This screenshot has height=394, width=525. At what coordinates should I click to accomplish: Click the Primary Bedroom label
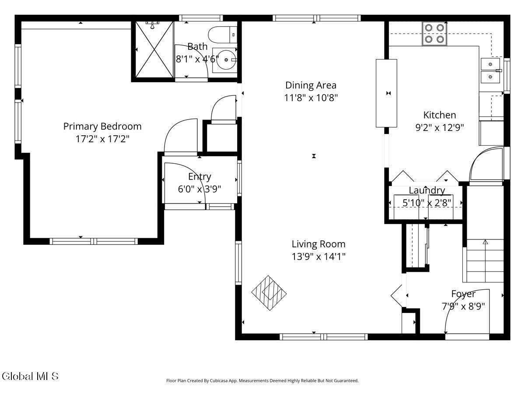(x=102, y=127)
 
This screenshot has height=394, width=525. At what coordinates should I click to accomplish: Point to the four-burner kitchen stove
(x=435, y=33)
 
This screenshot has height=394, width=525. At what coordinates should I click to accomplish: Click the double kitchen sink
(x=491, y=71)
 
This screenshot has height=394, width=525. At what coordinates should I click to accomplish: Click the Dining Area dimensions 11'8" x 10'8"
(x=311, y=98)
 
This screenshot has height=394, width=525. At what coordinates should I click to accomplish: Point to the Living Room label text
(x=318, y=244)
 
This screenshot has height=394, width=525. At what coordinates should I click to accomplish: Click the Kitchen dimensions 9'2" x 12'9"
(x=439, y=127)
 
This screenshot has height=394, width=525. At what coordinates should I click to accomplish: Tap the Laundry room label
(x=427, y=190)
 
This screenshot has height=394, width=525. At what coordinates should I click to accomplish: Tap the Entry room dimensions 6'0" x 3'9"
(x=199, y=189)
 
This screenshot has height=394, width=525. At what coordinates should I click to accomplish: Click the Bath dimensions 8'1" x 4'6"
(x=197, y=59)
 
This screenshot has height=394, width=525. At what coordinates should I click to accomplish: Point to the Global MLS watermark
(x=30, y=376)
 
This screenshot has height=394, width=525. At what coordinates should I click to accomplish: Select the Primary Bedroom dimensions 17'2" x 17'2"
(x=102, y=139)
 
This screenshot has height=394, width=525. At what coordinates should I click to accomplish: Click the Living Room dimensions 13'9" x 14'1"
(x=318, y=257)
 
